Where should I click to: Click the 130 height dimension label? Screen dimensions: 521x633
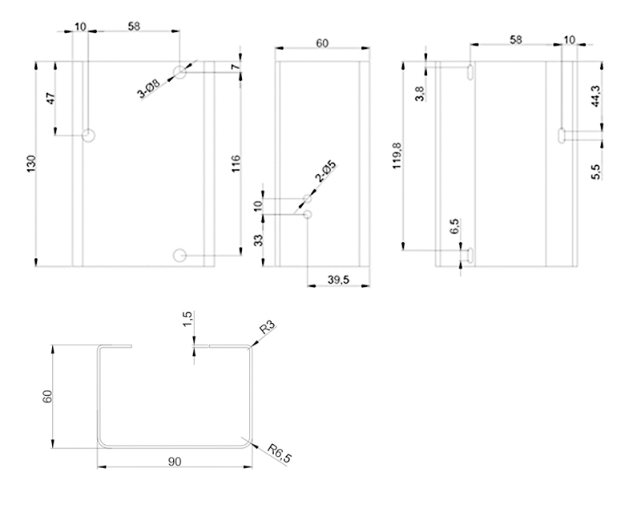31,164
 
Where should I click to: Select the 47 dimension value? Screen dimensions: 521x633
50,99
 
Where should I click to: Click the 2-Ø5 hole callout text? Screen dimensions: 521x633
325,173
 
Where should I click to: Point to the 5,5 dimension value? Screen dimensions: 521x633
595,169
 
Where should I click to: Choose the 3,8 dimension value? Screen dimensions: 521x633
420,91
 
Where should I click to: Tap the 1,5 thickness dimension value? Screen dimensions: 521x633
187,320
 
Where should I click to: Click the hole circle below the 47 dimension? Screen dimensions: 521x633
89,135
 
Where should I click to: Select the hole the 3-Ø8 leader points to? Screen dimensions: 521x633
180,73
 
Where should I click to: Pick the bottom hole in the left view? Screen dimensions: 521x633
180,255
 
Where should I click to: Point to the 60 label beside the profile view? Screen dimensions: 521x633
46,397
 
